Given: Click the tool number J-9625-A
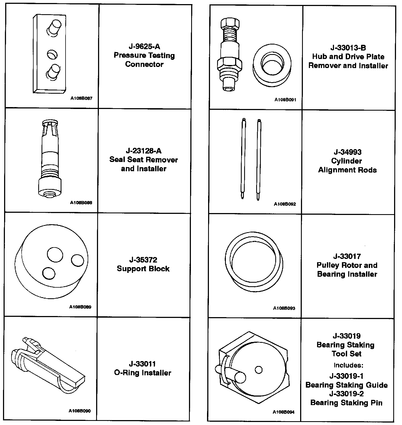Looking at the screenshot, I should point(144,46).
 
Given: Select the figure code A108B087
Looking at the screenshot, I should point(81,98).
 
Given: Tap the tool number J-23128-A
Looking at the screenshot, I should point(144,151).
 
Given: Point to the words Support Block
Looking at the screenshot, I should point(143,269).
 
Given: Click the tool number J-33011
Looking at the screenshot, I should point(143,364).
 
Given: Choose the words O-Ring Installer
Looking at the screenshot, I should point(143,373).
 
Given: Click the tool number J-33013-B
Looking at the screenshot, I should point(348,48).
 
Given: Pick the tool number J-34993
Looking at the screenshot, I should point(348,152).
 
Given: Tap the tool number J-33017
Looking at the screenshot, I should point(347,256).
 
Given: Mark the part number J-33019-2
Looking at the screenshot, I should point(346,394).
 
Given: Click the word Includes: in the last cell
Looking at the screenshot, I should point(348,365).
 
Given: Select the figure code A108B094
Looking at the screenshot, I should point(283,412).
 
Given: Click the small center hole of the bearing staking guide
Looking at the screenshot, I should point(259,370).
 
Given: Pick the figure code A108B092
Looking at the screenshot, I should point(285,204).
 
